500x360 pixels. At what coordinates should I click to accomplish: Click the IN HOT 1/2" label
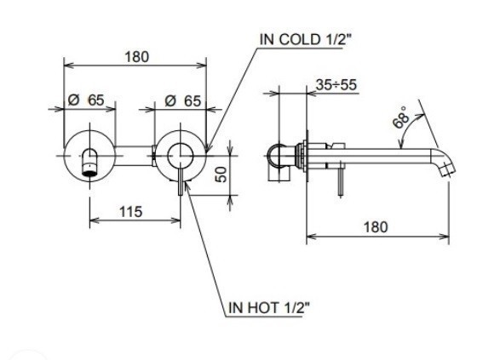point(269,308)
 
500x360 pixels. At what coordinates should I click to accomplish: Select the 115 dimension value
point(130,212)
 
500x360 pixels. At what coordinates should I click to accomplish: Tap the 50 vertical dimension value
point(221,174)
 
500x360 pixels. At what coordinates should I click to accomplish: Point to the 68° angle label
point(401,117)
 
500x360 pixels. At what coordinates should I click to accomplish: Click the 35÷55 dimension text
point(336,85)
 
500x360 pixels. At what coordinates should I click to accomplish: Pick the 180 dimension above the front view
point(136,57)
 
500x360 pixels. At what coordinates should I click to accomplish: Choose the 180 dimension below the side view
point(376,227)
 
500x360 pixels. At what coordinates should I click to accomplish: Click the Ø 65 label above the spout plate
point(86,100)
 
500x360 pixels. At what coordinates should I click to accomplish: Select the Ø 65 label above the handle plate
point(183,101)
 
